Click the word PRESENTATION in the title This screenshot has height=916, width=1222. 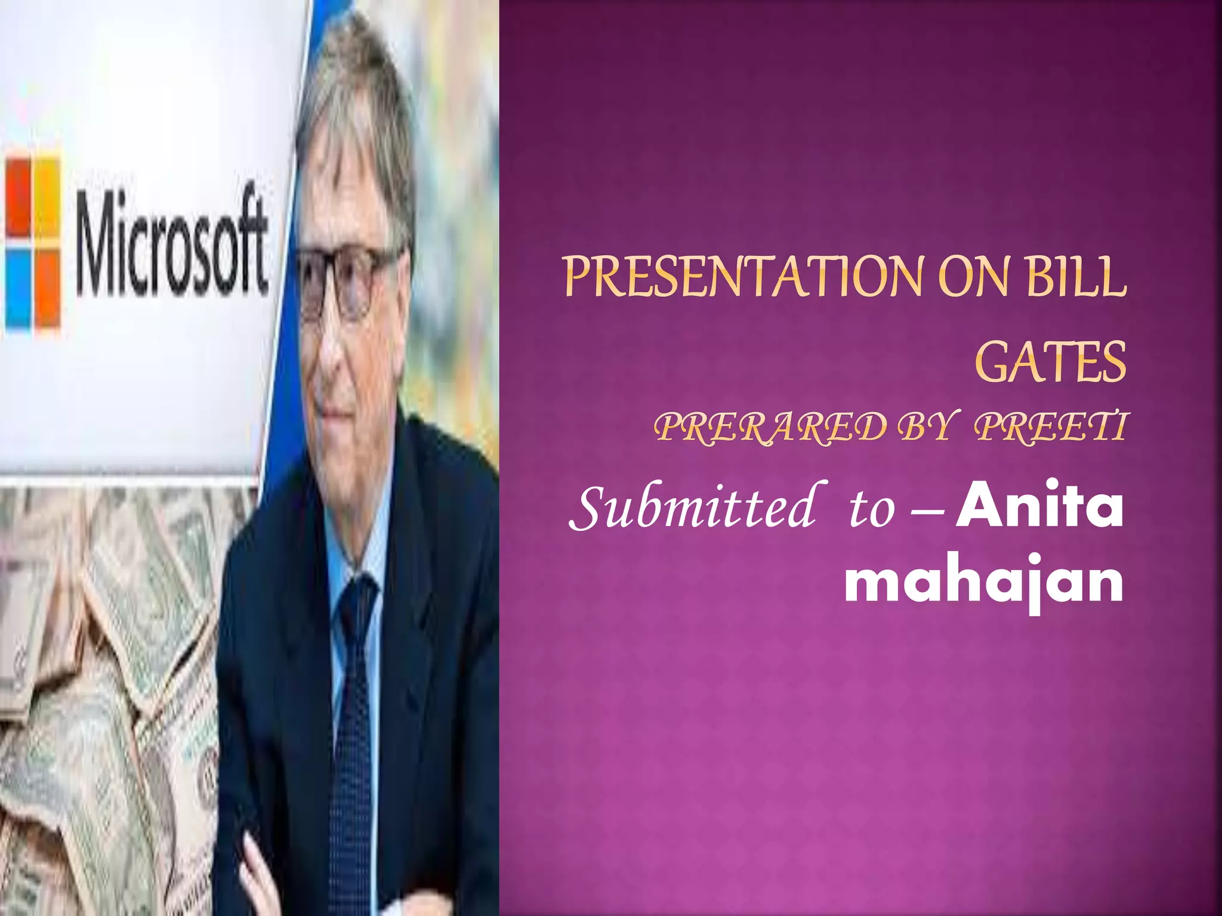click(746, 277)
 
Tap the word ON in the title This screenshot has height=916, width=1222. click(976, 277)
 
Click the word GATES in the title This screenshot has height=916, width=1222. click(1051, 362)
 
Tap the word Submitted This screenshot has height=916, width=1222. click(692, 507)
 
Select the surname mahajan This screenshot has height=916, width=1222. click(984, 581)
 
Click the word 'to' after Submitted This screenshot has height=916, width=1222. click(872, 510)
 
